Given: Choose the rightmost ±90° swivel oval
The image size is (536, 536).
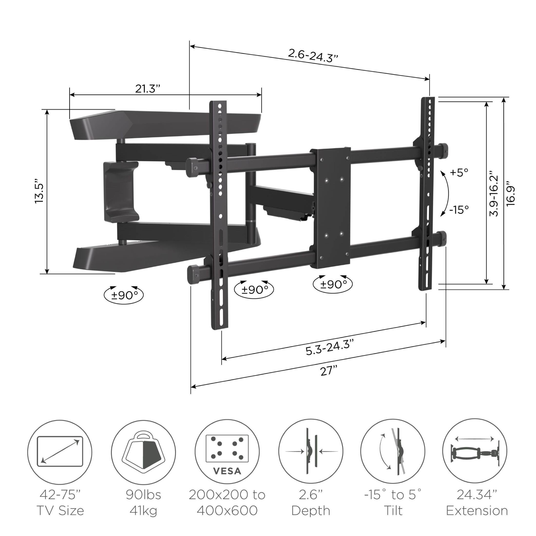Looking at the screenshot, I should pyautogui.click(x=333, y=284).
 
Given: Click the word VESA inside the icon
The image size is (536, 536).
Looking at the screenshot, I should pyautogui.click(x=227, y=471).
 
